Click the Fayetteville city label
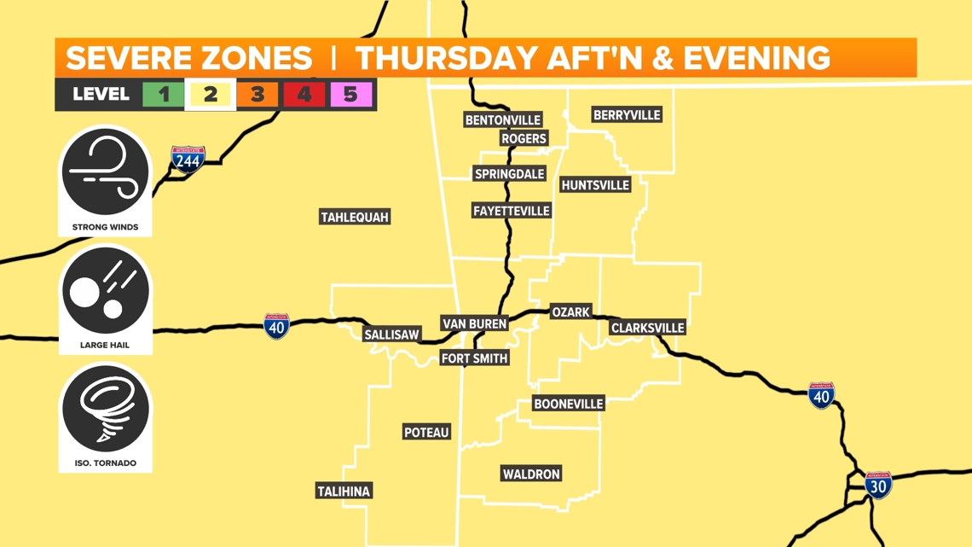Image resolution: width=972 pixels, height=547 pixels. coord(511,211)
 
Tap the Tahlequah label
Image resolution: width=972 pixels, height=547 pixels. coord(355,217)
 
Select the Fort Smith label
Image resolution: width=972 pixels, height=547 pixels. coord(475,358)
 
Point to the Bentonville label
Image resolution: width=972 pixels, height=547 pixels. coord(503,119)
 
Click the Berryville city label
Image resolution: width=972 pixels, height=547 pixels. coord(627,115)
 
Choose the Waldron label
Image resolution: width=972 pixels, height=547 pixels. coord(531,474)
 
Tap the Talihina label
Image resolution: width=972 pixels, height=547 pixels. coord(344,492)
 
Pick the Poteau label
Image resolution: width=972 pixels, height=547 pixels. coord(426,433)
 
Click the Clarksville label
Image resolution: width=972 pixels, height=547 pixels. coord(648,328)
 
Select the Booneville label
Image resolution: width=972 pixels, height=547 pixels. coord(568,404)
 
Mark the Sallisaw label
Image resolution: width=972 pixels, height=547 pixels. coord(391,335)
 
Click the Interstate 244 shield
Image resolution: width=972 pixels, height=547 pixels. coord(188,160)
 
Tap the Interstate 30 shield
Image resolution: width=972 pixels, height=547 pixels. coord(877,485)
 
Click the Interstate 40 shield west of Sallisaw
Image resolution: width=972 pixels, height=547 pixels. coord(276,326)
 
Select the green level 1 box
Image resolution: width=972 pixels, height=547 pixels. coord(164,95)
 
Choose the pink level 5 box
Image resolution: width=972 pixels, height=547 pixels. coord(350,95)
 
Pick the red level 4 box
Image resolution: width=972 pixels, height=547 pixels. coord(304,95)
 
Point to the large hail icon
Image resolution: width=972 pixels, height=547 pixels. coord(106,292)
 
